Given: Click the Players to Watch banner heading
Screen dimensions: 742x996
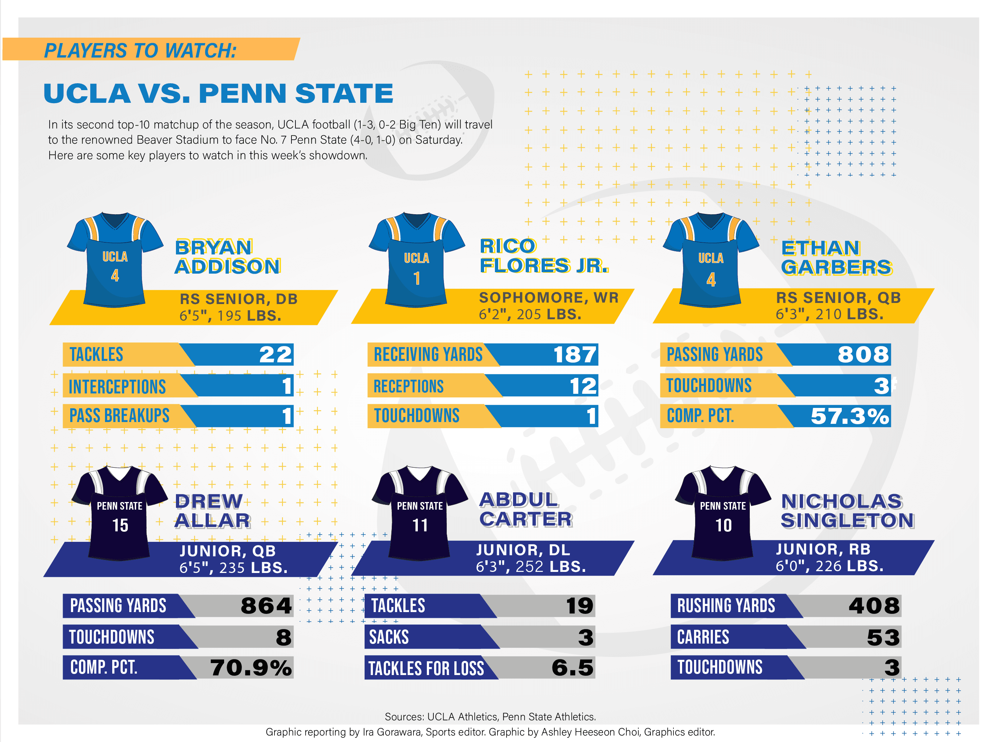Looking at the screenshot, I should point(140,50).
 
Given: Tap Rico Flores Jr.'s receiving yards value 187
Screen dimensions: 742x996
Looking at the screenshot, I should point(574,354).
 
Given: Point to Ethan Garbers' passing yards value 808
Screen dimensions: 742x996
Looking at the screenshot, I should point(862,354).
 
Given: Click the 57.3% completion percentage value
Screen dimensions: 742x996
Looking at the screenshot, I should point(849,416).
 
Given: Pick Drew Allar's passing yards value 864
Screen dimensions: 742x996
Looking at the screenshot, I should point(266,606).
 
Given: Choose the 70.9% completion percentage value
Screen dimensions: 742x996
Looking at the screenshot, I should point(251,667).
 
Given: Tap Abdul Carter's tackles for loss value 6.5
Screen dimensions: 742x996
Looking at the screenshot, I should point(572,667).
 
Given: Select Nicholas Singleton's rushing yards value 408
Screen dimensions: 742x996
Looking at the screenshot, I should point(874,606).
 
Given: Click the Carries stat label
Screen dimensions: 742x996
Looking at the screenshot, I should point(703,637).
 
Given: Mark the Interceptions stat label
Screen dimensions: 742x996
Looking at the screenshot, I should point(117,387).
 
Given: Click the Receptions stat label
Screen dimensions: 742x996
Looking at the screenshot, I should point(408,386).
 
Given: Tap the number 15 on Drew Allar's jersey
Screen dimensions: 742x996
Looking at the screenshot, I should point(120,525).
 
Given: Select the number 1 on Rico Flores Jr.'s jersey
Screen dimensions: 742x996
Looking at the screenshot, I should point(417,278).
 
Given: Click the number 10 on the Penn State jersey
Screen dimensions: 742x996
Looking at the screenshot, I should point(723,525).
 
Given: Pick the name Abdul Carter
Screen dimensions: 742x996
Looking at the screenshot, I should point(525,509).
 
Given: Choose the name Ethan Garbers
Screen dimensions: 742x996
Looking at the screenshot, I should point(836,257).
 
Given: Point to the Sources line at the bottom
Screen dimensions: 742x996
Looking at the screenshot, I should point(490,716).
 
